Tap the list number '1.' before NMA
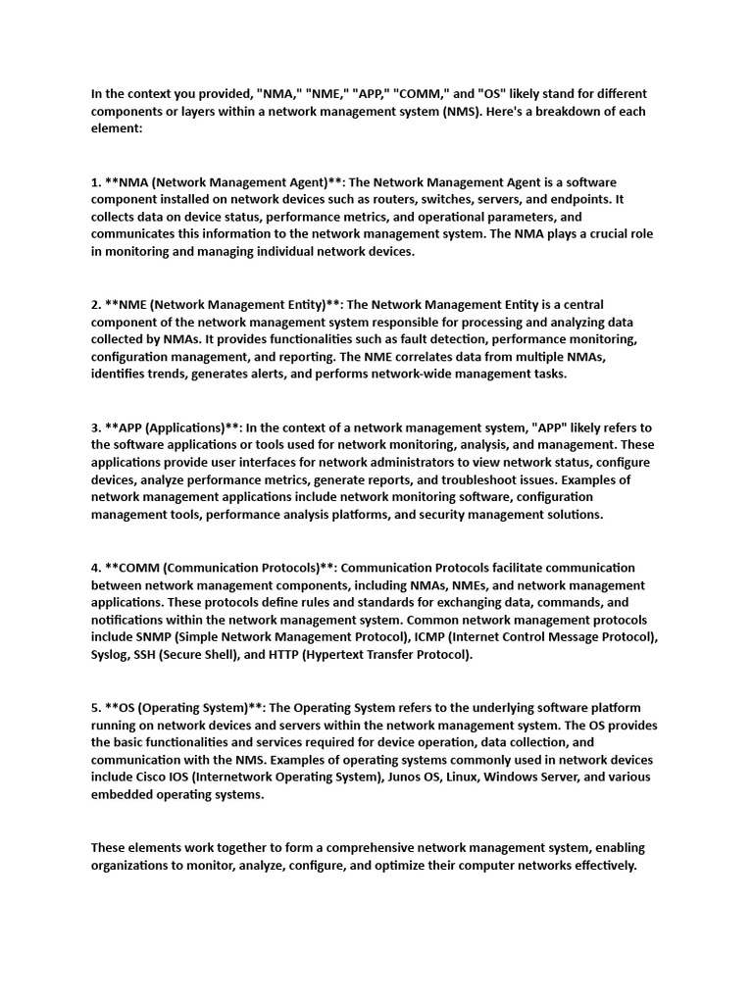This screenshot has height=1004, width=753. tap(96, 181)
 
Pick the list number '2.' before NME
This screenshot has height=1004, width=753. tap(96, 304)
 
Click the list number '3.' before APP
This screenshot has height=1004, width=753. tap(96, 427)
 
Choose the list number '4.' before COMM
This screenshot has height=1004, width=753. tap(96, 568)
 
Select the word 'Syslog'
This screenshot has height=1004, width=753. tap(110, 655)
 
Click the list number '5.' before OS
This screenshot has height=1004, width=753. tap(96, 708)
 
